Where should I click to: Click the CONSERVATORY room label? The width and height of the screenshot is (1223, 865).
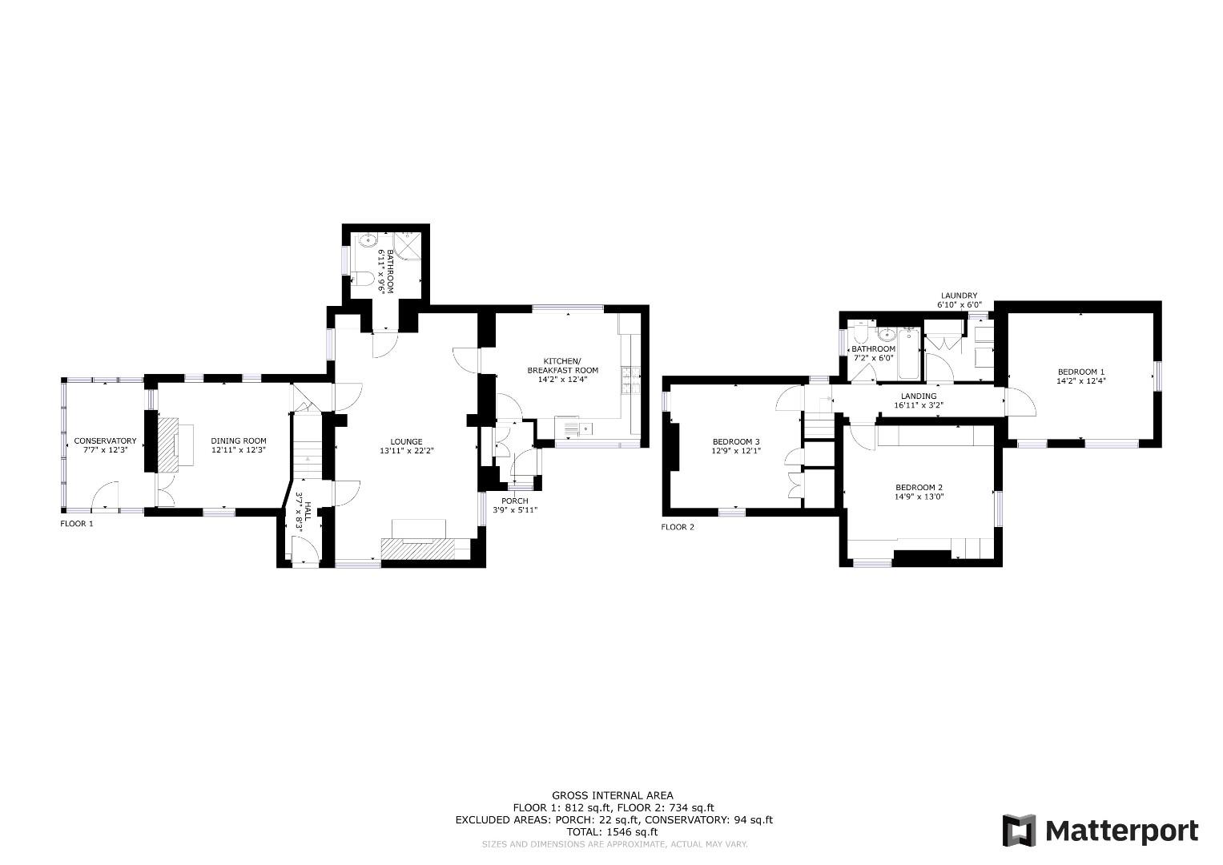coord(105,441)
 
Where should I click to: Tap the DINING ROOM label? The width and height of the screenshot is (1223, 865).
coord(239,441)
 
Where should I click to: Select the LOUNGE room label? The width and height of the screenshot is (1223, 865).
coord(406,441)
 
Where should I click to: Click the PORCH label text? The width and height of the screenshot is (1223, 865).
coord(514,501)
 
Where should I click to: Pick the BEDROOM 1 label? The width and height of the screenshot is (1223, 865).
coord(1080,372)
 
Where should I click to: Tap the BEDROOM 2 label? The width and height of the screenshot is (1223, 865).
coord(919,488)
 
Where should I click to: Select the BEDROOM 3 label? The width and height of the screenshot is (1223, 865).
coord(736,441)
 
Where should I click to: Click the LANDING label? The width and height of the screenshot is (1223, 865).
coord(918,396)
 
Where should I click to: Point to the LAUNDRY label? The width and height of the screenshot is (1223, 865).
coord(959,296)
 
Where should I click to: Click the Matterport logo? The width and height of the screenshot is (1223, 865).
coord(1100,831)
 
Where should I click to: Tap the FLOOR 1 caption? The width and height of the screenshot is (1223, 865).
coord(77,524)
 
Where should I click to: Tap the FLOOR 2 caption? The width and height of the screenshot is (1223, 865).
coord(678,527)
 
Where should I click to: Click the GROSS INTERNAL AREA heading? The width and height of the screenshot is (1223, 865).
coord(613,795)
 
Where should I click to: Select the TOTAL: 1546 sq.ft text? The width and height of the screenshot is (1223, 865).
coord(613,832)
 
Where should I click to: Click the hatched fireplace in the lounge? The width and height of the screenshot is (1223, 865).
coord(417,549)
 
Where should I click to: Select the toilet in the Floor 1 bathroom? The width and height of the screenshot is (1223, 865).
coord(362,279)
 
